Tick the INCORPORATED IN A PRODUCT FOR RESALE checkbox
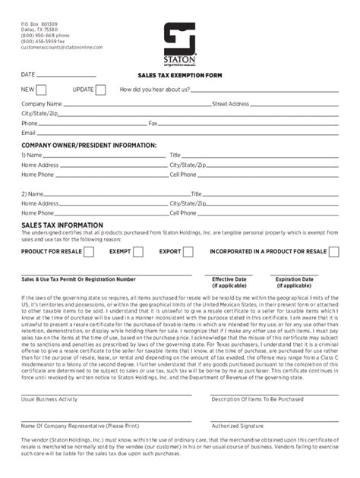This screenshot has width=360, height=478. point(334,251)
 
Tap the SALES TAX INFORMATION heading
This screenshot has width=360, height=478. point(62,225)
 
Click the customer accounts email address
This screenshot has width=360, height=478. point(62,47)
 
